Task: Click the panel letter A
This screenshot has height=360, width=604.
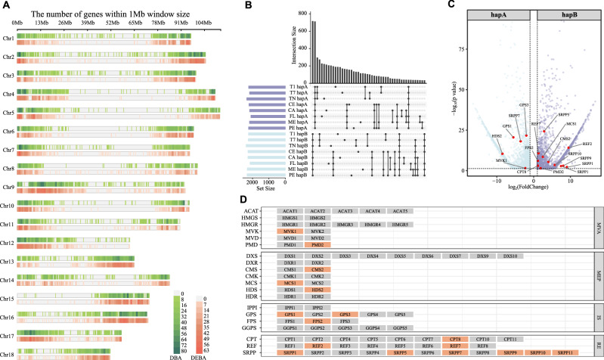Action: point(5,5)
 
